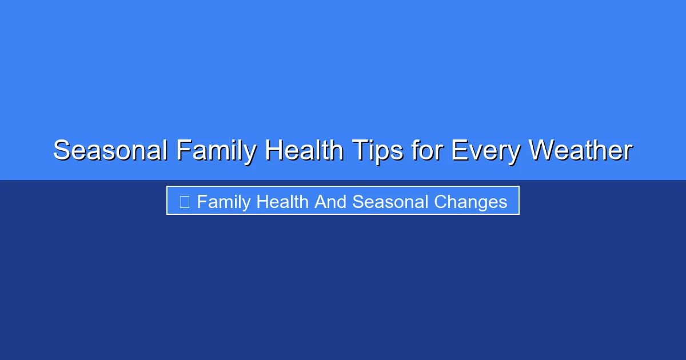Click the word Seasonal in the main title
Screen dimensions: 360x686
(x=110, y=151)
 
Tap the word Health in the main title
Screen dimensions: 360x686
(x=304, y=151)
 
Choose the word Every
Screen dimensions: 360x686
(x=486, y=151)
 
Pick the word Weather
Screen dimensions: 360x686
(x=580, y=151)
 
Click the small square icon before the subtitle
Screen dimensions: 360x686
(x=184, y=202)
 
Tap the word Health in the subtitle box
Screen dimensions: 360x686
(x=282, y=202)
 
